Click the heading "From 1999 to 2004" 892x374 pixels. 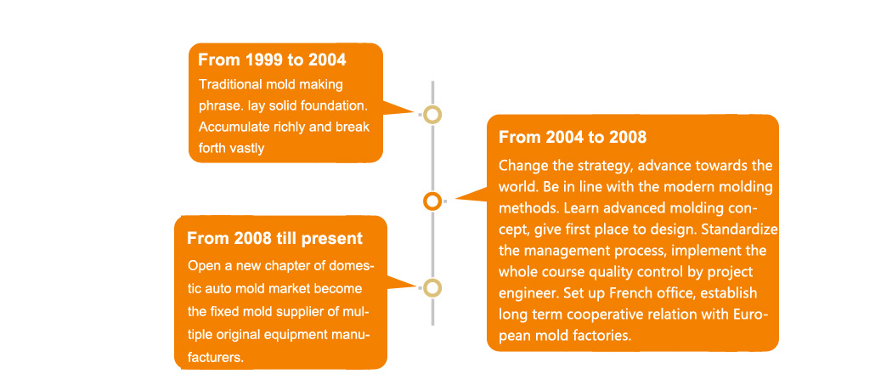coord(272,59)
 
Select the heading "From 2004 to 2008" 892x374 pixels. coord(573,137)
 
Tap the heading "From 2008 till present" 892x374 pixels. coord(274,238)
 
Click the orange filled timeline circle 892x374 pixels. coord(432,201)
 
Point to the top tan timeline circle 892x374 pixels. coord(432,115)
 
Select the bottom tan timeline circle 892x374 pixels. coord(432,288)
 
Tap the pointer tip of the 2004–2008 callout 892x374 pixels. coord(455,199)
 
